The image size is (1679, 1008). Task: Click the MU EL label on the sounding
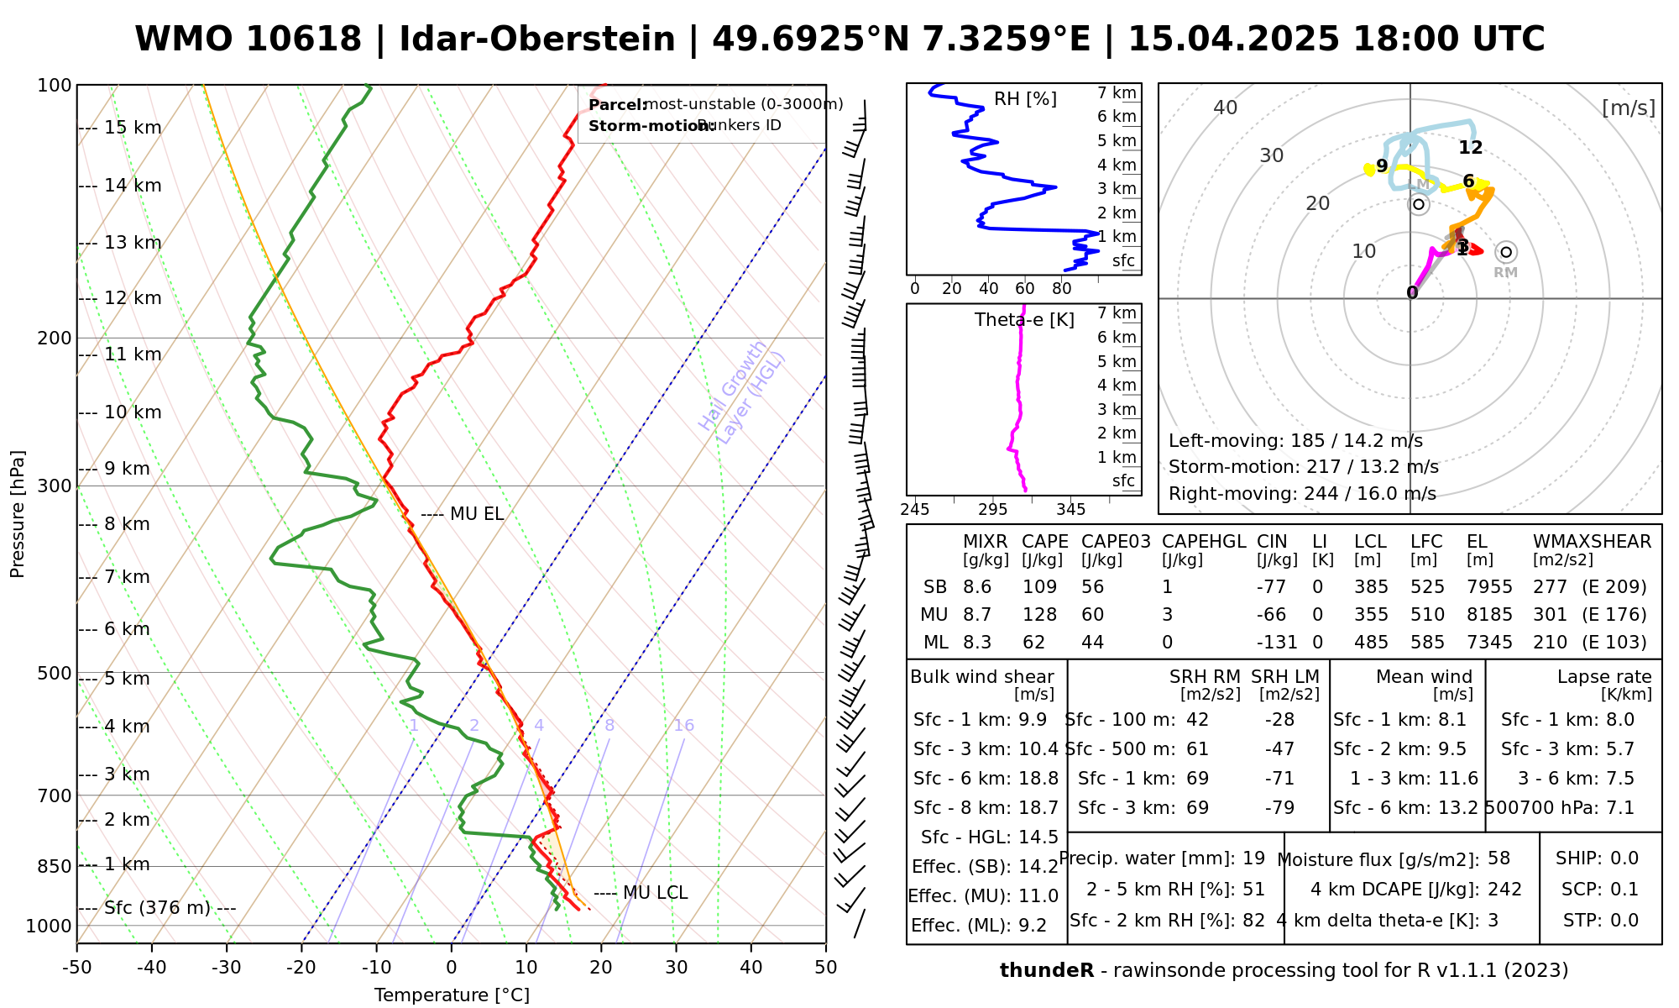477,514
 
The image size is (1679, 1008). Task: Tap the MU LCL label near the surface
655,893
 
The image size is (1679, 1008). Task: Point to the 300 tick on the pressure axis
55,486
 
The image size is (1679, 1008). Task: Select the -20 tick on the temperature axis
301,968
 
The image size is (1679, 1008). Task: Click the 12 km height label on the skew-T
133,298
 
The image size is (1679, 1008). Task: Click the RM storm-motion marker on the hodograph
1506,252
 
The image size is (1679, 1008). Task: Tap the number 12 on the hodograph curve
1470,148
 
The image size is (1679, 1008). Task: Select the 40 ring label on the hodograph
1226,108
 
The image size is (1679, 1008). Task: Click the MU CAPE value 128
1039,615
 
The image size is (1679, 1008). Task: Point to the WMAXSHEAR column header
1592,542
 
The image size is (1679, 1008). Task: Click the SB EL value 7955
1489,587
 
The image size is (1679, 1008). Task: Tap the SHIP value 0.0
1624,858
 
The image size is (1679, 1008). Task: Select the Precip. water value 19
1253,858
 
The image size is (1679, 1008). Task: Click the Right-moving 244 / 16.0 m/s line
1302,494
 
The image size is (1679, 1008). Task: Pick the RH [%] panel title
1025,99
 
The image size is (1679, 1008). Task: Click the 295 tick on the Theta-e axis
992,510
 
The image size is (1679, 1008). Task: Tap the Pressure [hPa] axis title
18,514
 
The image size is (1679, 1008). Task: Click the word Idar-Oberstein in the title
537,39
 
